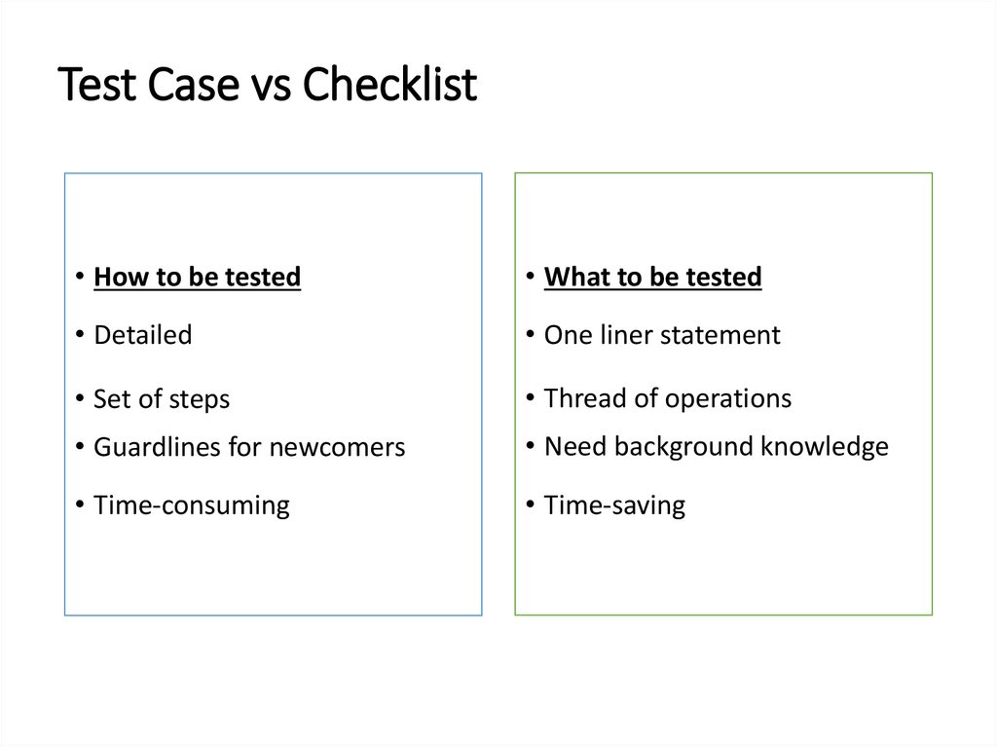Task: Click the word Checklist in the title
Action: click(389, 86)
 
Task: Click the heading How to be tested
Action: click(197, 278)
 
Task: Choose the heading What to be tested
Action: click(652, 278)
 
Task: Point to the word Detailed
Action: click(143, 336)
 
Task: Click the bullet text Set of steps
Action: click(162, 399)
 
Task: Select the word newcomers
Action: click(337, 448)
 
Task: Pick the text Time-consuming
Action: click(192, 505)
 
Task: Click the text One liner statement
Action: click(662, 336)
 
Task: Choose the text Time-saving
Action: click(614, 505)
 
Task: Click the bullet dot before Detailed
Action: click(78, 335)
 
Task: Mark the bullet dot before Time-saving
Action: click(529, 504)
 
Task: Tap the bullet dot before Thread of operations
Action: click(529, 397)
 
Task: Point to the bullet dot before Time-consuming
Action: click(78, 504)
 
